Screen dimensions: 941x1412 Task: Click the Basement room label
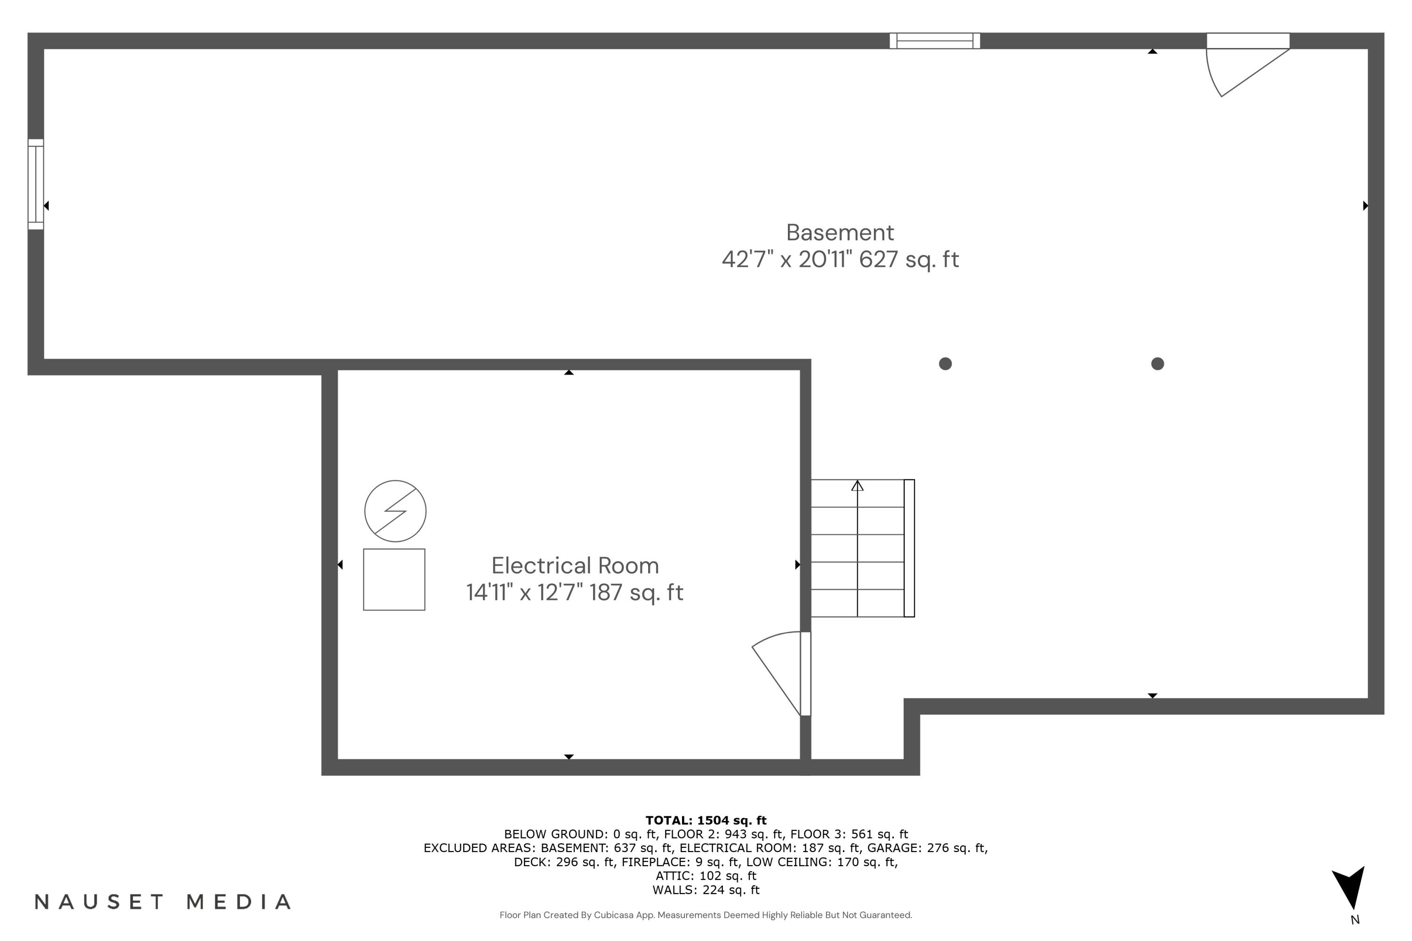tap(839, 232)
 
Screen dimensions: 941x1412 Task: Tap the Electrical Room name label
tap(575, 566)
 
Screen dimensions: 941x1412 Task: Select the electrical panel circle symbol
tap(395, 510)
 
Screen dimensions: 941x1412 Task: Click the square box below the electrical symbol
tap(394, 579)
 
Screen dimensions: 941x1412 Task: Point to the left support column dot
tap(945, 364)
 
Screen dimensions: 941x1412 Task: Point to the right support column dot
tap(1157, 364)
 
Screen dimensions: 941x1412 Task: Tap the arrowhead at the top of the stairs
tap(857, 486)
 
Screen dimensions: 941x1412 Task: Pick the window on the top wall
tap(934, 41)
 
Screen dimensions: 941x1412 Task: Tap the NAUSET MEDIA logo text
tap(163, 901)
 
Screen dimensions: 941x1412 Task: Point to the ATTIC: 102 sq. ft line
tap(706, 876)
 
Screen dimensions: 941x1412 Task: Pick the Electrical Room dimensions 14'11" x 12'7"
tap(525, 592)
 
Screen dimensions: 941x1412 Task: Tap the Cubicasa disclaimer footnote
tap(706, 915)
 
